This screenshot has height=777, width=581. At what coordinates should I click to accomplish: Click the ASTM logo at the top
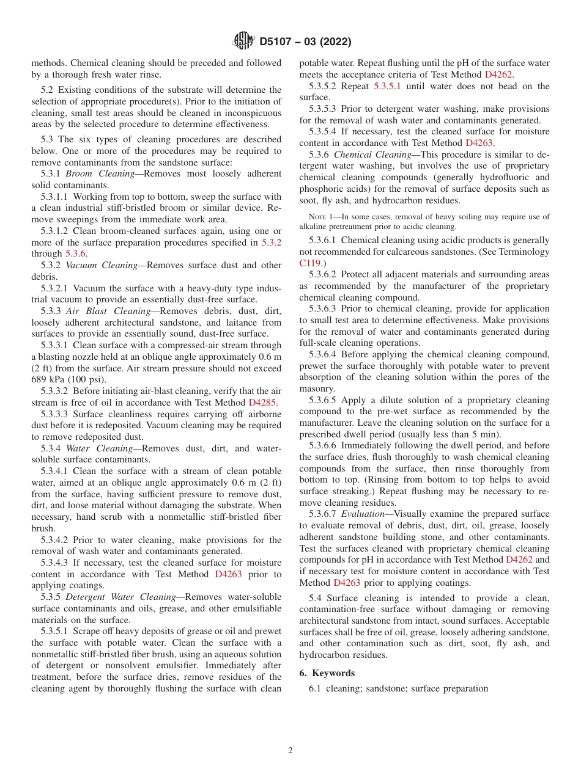point(243,42)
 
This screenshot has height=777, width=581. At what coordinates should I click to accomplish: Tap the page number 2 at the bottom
point(290,751)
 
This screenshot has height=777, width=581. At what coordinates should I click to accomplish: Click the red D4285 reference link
point(262,403)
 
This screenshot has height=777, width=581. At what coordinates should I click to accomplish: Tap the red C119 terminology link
point(310,263)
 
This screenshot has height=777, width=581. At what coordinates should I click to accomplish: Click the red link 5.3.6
point(76,254)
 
